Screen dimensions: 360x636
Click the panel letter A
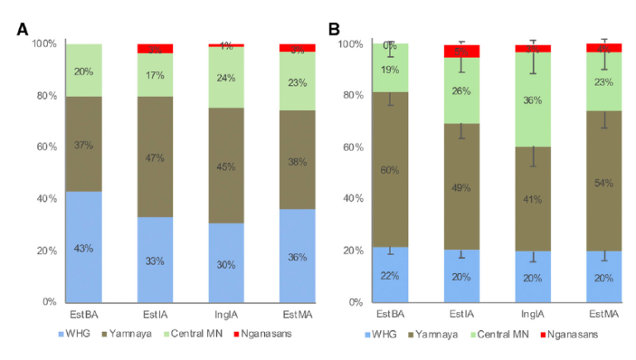[x=24, y=30]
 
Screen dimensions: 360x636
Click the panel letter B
[x=335, y=30]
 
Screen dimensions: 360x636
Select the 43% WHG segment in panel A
[x=84, y=247]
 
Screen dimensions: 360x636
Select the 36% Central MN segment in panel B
[x=532, y=100]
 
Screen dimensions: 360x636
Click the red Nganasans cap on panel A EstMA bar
[x=297, y=48]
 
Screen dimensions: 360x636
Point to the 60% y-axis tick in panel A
[x=46, y=147]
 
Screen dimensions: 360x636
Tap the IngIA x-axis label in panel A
[x=226, y=315]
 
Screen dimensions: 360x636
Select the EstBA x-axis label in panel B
[x=390, y=315]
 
